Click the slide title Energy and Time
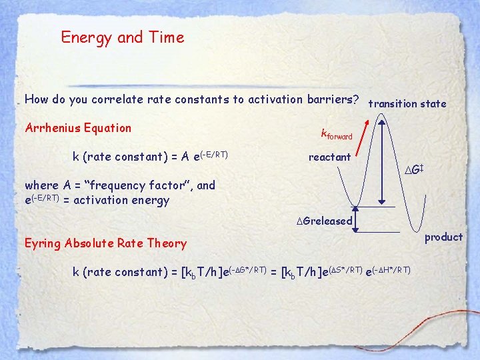(x=122, y=38)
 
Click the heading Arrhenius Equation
(x=78, y=128)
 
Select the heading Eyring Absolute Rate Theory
(x=105, y=243)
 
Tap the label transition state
(x=407, y=103)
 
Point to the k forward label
(x=336, y=135)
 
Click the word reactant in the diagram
(x=329, y=157)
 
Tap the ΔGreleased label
(x=324, y=221)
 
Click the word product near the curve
(x=443, y=237)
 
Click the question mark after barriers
(x=357, y=99)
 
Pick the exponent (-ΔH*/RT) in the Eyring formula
(x=389, y=269)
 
